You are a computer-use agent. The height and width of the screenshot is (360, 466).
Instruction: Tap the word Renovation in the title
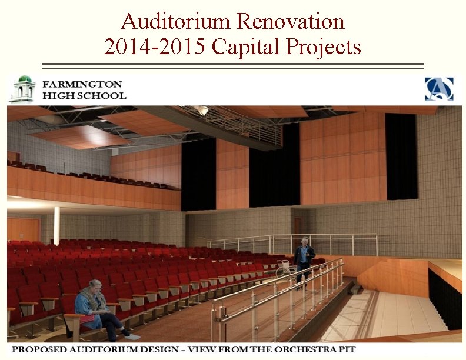[x=290, y=22]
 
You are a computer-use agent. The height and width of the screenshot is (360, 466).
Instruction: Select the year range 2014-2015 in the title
[x=155, y=46]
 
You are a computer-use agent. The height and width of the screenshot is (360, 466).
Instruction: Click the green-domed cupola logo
[x=24, y=89]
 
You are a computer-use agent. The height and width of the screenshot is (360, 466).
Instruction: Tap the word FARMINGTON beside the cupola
[x=82, y=84]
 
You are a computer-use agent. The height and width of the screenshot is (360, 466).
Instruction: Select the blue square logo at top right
[x=440, y=89]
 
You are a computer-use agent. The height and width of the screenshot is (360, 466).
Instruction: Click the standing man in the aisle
[x=304, y=262]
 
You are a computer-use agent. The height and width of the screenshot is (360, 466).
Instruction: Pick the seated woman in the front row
[x=95, y=309]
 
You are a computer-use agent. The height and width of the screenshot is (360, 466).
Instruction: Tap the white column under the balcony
[x=57, y=225]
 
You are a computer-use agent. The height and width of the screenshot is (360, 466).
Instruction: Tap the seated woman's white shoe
[x=133, y=337]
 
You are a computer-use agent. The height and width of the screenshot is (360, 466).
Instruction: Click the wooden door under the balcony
[x=24, y=229]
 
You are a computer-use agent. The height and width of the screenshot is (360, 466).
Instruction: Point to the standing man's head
[x=304, y=242]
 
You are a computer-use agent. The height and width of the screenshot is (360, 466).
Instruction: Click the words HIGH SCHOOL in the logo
[x=84, y=95]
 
